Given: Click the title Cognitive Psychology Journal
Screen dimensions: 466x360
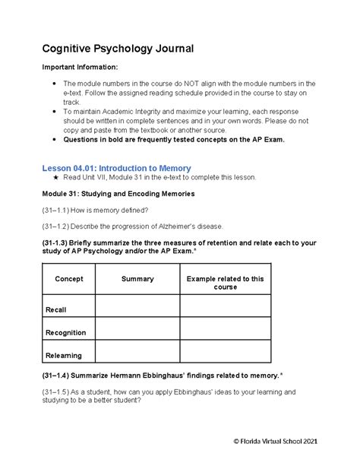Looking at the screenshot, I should pyautogui.click(x=118, y=49).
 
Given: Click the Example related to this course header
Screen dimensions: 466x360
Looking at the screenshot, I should pyautogui.click(x=226, y=283).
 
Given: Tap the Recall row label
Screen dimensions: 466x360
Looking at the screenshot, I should pyautogui.click(x=55, y=310).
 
